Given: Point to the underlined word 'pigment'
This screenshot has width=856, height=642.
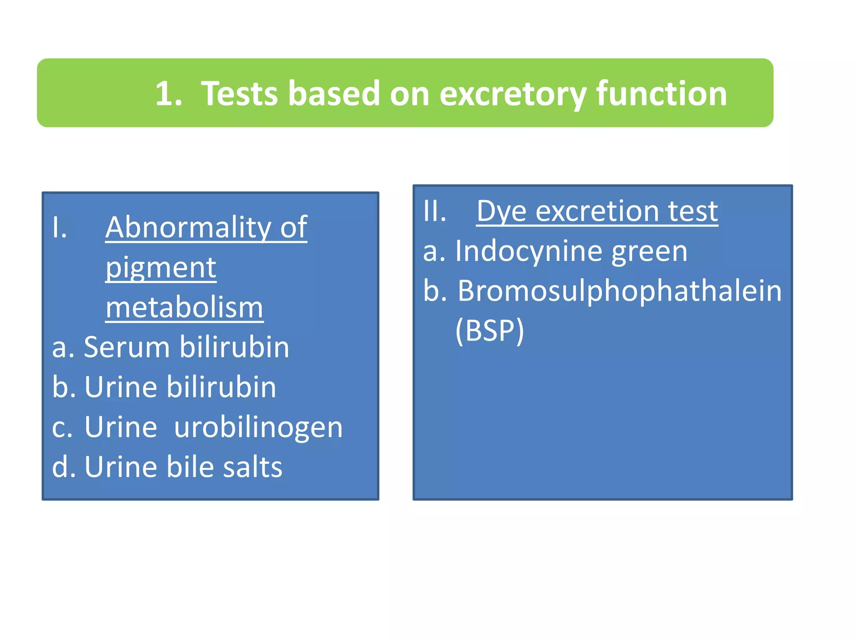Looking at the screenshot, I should (161, 269).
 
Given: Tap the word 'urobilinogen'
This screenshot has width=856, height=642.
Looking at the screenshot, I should (258, 428).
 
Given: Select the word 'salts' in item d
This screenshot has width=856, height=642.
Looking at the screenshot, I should (252, 467).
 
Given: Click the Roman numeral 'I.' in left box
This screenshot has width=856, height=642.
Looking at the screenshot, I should (60, 228).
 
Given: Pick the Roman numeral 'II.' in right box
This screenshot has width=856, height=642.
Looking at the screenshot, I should (435, 211).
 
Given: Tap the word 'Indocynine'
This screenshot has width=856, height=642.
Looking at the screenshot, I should (528, 251).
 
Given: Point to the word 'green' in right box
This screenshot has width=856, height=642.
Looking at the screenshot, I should (649, 252).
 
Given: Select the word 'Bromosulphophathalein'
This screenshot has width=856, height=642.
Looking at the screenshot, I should (619, 291).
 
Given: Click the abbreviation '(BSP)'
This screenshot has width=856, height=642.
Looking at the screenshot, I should (489, 331).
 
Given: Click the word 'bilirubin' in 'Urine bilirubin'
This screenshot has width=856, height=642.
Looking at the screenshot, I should (222, 387).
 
